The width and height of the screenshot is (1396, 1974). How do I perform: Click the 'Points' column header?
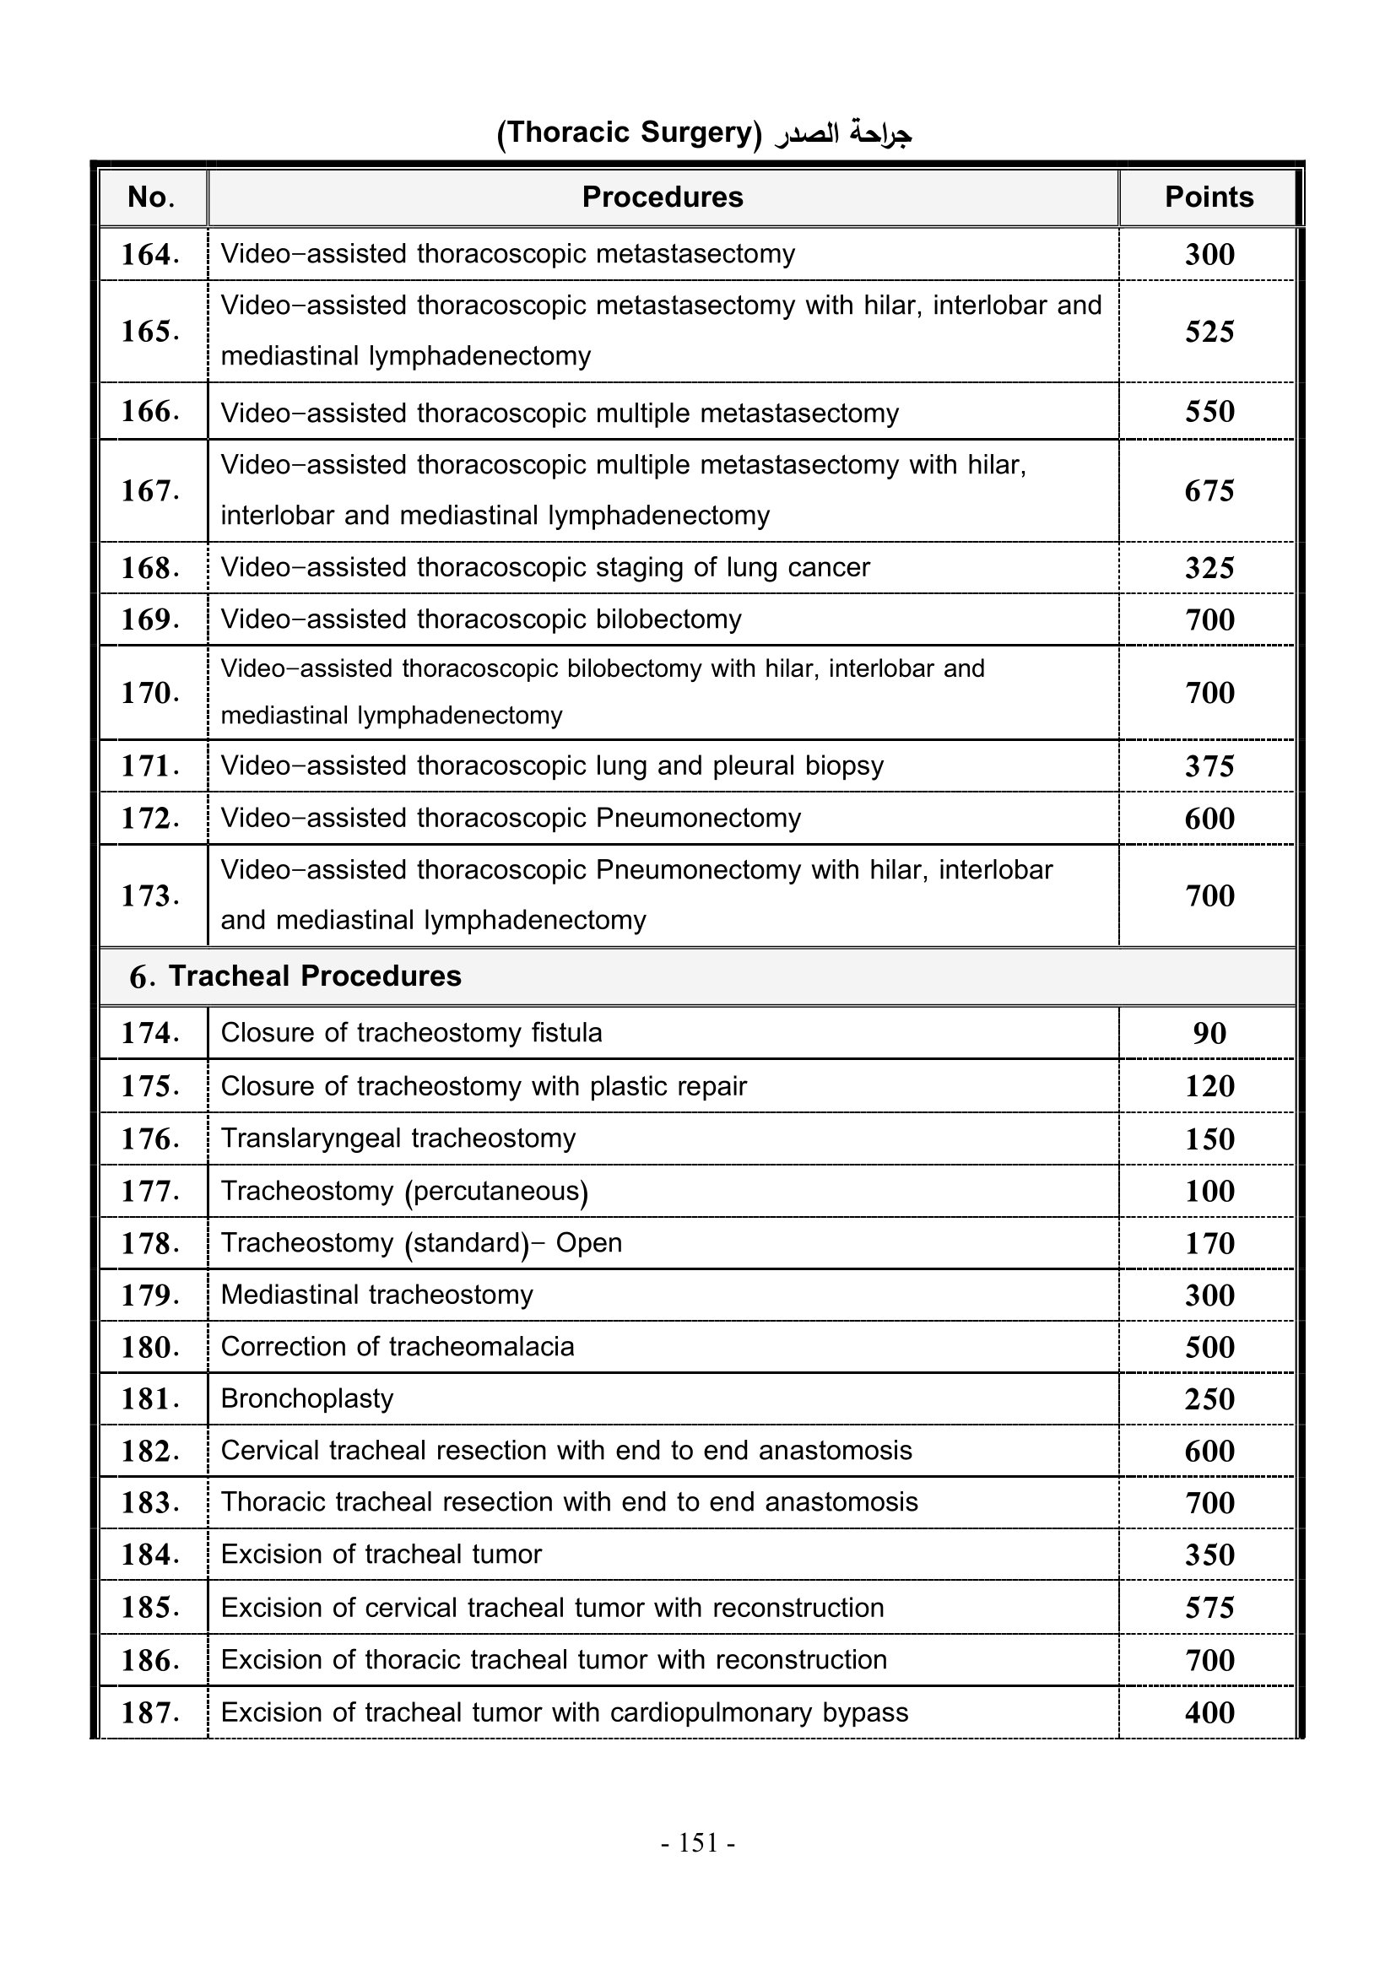[1208, 197]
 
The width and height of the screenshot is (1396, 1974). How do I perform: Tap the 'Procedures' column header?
[662, 197]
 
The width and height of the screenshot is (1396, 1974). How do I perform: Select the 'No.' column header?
[151, 197]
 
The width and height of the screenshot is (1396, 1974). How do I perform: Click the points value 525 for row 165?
[1209, 332]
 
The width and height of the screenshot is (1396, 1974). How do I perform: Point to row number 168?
[150, 568]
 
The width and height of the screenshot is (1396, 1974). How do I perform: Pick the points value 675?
[1209, 491]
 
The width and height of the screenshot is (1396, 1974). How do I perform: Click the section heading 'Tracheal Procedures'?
[314, 976]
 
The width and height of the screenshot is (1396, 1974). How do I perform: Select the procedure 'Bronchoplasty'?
[307, 1398]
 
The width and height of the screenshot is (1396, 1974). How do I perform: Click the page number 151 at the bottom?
[698, 1842]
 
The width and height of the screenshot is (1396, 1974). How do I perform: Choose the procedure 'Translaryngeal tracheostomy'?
[398, 1138]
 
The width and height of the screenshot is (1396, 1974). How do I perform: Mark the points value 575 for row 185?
[1209, 1608]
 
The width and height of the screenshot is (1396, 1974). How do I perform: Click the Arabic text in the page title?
[842, 133]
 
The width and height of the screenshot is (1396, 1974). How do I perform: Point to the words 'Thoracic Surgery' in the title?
[630, 133]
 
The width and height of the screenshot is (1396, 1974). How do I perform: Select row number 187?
[150, 1712]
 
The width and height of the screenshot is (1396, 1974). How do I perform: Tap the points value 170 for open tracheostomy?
[1209, 1243]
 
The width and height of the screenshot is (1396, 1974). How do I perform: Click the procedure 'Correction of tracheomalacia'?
[398, 1346]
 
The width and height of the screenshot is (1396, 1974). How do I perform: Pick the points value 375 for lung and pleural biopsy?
[1209, 766]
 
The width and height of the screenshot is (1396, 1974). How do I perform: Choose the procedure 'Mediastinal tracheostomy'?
[376, 1295]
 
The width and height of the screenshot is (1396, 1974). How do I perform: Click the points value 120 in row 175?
[1209, 1087]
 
